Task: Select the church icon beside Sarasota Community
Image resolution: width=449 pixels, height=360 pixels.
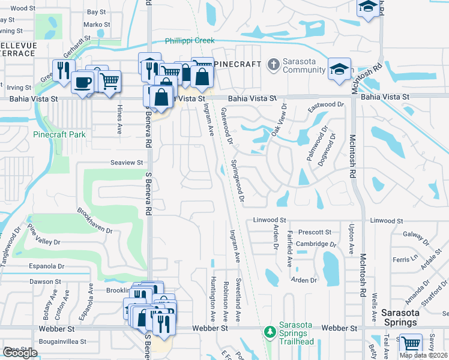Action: click(x=273, y=64)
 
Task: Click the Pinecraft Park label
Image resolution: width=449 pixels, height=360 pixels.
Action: click(x=59, y=134)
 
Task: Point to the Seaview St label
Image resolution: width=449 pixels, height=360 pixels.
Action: click(x=127, y=163)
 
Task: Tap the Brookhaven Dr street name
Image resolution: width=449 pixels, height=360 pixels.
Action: click(x=94, y=221)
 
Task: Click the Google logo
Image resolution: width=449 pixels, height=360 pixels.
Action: click(x=20, y=353)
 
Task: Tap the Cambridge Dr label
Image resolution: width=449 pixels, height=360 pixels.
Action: click(x=316, y=244)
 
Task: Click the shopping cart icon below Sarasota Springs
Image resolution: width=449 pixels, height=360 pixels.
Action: click(x=411, y=344)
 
